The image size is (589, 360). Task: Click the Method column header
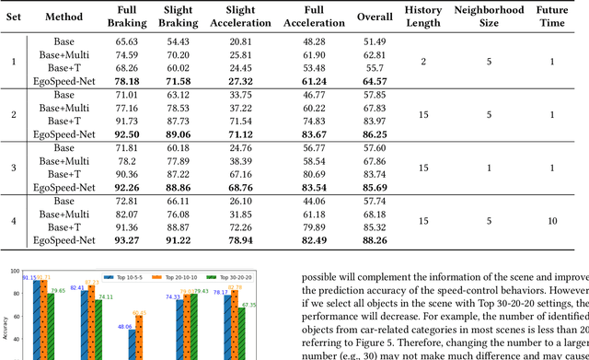tap(64, 17)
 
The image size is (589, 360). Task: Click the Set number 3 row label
tap(13, 168)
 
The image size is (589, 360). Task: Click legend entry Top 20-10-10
tap(186, 274)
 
